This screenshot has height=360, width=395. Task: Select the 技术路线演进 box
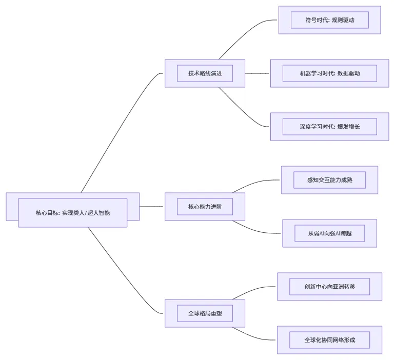[205, 73]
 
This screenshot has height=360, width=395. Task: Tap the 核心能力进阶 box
[205, 207]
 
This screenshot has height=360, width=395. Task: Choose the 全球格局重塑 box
[205, 313]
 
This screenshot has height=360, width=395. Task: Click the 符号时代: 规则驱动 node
[329, 20]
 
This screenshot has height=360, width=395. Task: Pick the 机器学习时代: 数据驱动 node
[329, 73]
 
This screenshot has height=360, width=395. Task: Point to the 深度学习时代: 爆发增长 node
[329, 127]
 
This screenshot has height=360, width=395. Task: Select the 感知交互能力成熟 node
[329, 180]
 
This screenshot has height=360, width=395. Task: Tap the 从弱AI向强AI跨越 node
[329, 233]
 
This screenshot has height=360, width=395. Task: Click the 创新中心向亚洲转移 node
[329, 287]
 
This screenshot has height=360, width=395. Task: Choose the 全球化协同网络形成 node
[329, 340]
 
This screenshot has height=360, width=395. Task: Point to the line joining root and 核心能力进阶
[151, 207]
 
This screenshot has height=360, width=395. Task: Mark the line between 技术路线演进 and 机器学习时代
[257, 73]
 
